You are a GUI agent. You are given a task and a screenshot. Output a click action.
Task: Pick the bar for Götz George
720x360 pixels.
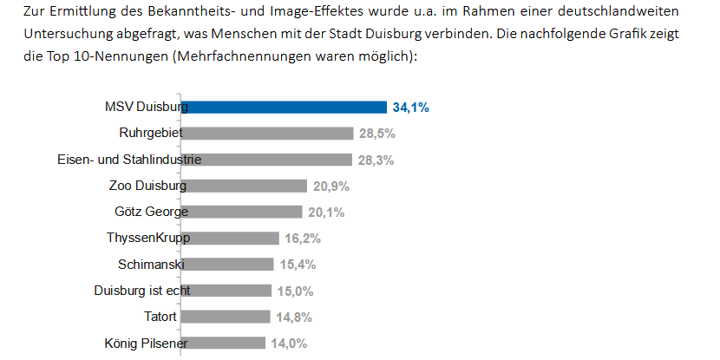(242, 212)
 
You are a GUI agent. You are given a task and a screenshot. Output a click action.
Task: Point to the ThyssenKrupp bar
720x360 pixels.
(231, 239)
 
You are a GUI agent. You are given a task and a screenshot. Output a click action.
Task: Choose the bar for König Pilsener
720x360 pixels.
(224, 343)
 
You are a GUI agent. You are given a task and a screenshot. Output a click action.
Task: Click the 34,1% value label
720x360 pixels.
(411, 108)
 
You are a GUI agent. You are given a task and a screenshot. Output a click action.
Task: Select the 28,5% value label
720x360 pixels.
(377, 134)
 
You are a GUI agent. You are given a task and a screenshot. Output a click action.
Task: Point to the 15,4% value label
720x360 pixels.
(296, 265)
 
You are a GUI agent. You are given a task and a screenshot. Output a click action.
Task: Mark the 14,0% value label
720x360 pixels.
(289, 343)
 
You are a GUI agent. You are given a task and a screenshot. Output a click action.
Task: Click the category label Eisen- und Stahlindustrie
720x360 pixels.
(129, 160)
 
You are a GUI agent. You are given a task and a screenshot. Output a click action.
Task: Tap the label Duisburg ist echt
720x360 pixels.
(142, 291)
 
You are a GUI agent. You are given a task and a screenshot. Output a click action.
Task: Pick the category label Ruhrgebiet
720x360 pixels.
(150, 134)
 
